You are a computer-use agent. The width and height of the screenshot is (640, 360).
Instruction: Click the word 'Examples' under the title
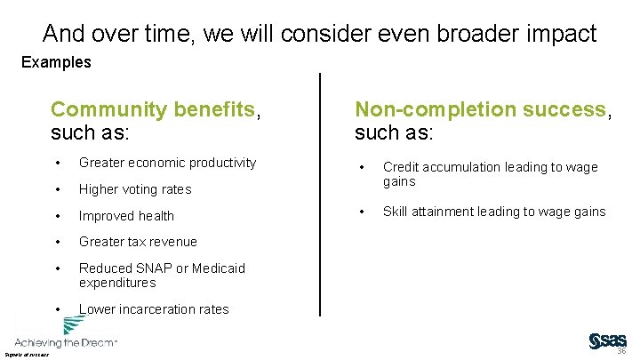tap(56, 62)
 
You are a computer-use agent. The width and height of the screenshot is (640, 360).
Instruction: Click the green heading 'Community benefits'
tap(153, 110)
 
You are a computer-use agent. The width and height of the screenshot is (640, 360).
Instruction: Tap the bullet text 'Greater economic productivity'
tap(167, 163)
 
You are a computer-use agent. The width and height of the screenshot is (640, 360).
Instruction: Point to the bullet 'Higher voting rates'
tap(134, 189)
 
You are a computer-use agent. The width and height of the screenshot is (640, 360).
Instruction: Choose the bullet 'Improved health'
tap(126, 216)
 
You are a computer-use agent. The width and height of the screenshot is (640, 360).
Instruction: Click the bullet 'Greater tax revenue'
tap(138, 242)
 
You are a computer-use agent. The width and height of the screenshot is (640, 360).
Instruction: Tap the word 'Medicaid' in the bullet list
tap(217, 268)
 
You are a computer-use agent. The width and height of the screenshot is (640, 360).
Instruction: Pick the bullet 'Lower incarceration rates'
tap(153, 309)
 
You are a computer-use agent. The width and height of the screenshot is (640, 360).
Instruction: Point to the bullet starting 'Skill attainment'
tap(493, 212)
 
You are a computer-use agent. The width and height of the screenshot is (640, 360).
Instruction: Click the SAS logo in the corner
tap(607, 341)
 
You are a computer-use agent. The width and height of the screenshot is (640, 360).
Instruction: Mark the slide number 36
tap(621, 351)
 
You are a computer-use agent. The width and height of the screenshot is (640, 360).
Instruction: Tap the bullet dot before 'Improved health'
tap(57, 216)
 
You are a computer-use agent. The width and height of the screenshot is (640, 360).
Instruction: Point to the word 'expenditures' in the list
tap(117, 283)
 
